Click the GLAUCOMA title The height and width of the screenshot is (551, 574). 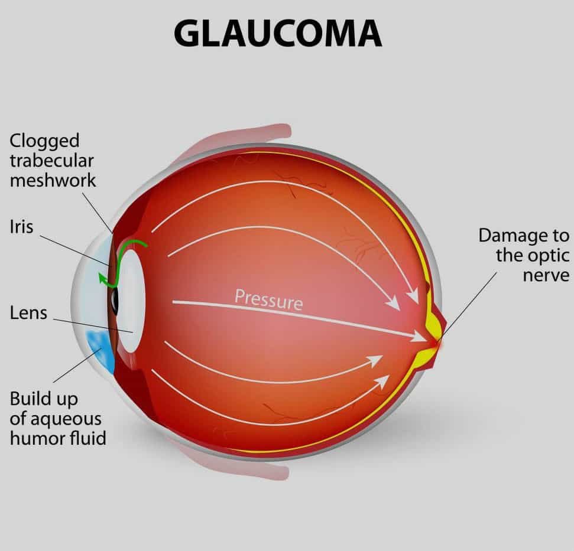(x=278, y=34)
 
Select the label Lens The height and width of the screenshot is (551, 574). (x=28, y=312)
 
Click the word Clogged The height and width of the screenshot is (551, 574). (x=44, y=141)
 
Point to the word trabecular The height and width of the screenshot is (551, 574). (x=51, y=161)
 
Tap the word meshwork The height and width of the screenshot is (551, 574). (x=52, y=180)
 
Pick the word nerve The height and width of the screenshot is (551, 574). (x=546, y=275)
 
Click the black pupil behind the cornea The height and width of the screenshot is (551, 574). (x=115, y=301)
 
